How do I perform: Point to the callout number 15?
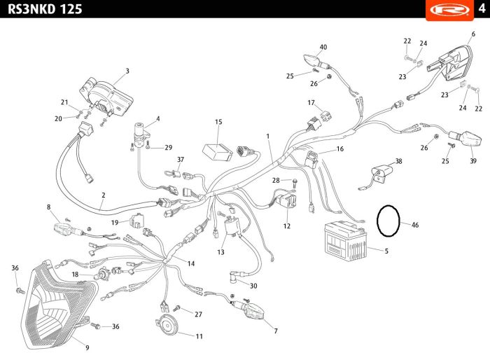click(x=218, y=122)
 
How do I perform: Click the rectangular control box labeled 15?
click(x=218, y=152)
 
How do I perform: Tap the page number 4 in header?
click(x=482, y=8)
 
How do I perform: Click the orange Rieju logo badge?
click(x=449, y=11)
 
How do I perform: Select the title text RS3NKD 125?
click(x=45, y=9)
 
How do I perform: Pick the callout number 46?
click(x=415, y=225)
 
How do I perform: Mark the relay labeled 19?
click(x=137, y=220)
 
